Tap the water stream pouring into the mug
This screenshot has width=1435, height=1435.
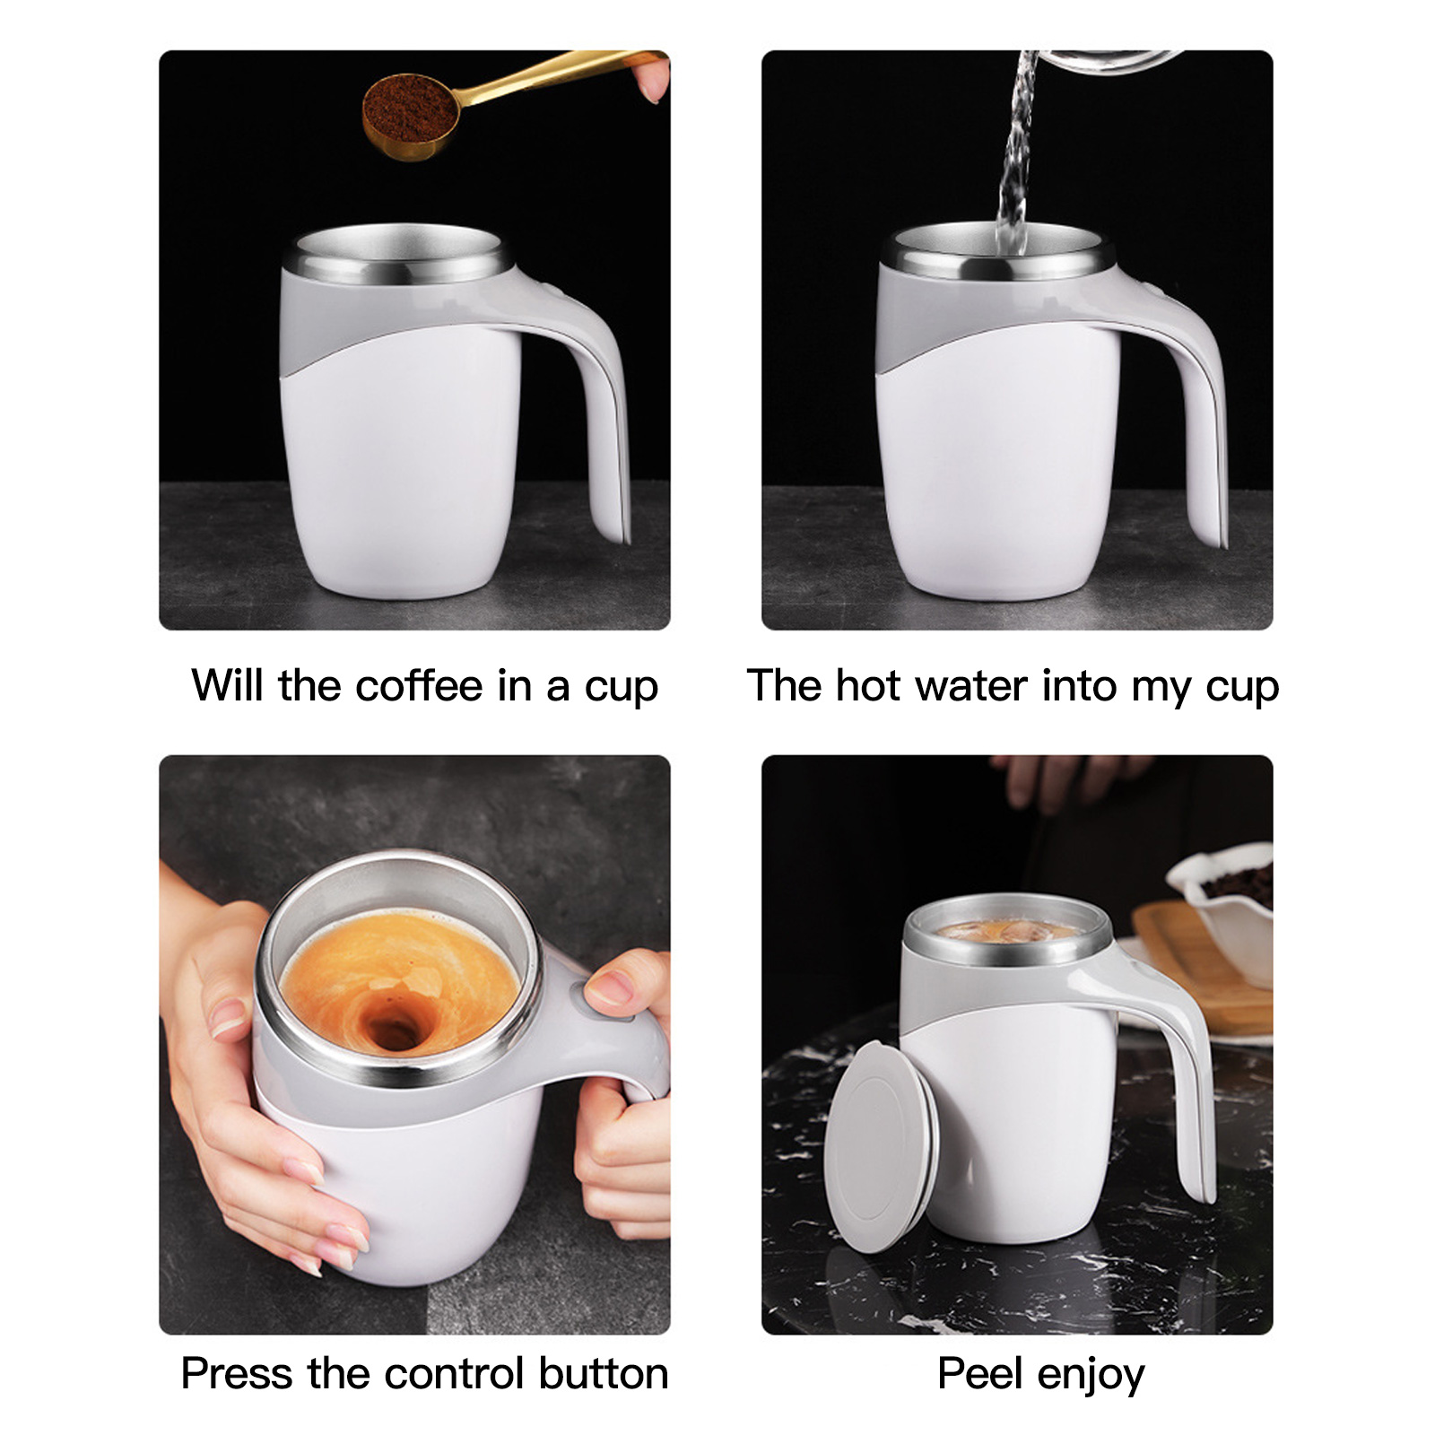pyautogui.click(x=1015, y=152)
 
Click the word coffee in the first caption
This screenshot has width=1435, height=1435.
pyautogui.click(x=419, y=686)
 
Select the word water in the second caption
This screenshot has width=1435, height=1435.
pyautogui.click(x=971, y=686)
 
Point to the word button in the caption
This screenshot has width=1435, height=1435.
pyautogui.click(x=604, y=1373)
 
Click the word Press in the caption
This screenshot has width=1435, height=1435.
pyautogui.click(x=237, y=1373)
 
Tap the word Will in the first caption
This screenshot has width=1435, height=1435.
pyautogui.click(x=228, y=686)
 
